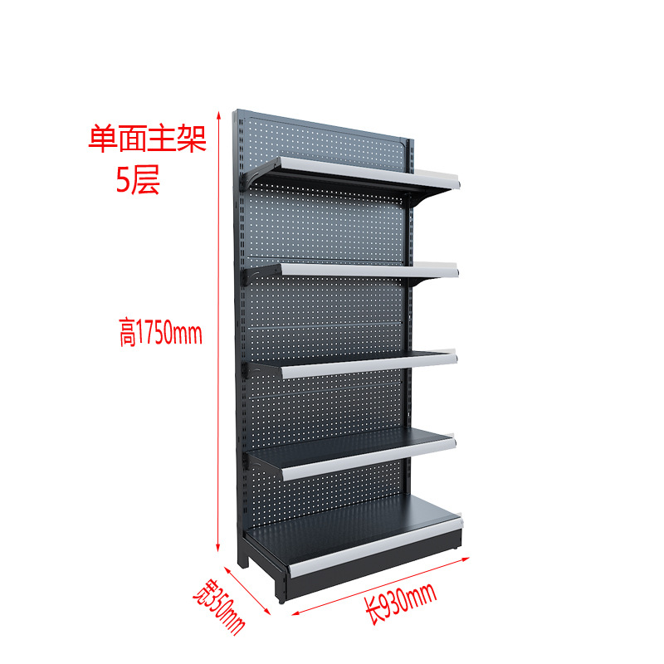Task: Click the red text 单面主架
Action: [x=147, y=139]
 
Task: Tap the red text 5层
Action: [x=138, y=181]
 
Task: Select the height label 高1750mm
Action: [x=159, y=334]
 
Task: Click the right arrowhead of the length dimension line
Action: [x=459, y=559]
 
